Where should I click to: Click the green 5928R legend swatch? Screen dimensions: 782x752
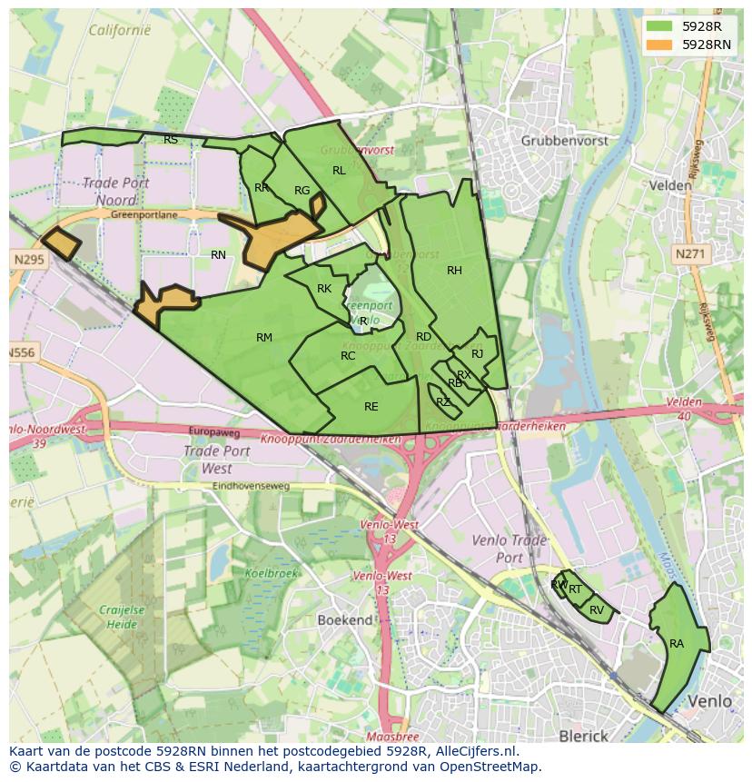(659, 26)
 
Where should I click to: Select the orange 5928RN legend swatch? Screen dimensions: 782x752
(659, 44)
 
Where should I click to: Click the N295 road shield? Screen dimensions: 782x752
(28, 260)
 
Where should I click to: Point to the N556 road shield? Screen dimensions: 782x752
(22, 352)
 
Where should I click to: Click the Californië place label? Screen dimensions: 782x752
(120, 30)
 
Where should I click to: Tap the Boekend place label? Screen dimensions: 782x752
(345, 619)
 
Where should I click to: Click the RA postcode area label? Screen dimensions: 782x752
(677, 644)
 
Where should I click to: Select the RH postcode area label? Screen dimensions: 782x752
(454, 270)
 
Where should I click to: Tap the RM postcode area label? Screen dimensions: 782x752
(264, 338)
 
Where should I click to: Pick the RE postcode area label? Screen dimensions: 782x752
(371, 407)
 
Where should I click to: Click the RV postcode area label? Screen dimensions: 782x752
(597, 610)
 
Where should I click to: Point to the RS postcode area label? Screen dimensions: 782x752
(171, 140)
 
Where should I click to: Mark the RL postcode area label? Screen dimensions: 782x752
(339, 170)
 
